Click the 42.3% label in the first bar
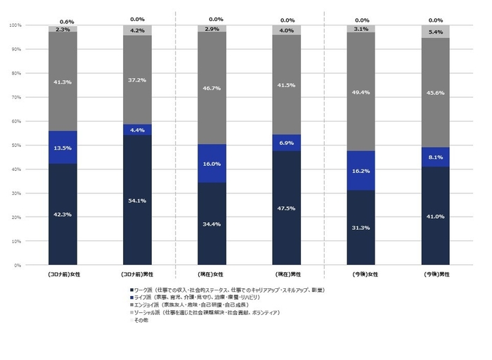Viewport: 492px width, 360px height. point(63,215)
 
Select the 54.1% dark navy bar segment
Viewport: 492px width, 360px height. point(137,200)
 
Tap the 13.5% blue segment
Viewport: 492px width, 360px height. point(63,148)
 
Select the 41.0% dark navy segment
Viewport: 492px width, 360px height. point(436,217)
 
